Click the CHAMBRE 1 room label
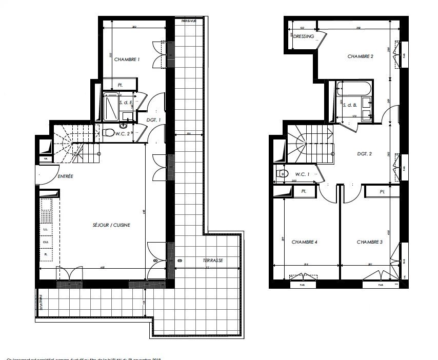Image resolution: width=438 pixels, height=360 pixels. click(127, 60)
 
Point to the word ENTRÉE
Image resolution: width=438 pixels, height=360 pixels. click(65, 176)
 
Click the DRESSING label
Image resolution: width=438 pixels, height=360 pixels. click(304, 36)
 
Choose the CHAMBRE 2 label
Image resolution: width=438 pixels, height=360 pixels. click(360, 56)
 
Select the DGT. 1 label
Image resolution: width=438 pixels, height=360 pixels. click(153, 119)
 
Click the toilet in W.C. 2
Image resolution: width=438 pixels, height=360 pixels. click(109, 133)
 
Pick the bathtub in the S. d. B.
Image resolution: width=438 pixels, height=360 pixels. click(354, 88)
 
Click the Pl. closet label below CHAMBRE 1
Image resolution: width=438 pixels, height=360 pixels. click(120, 85)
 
